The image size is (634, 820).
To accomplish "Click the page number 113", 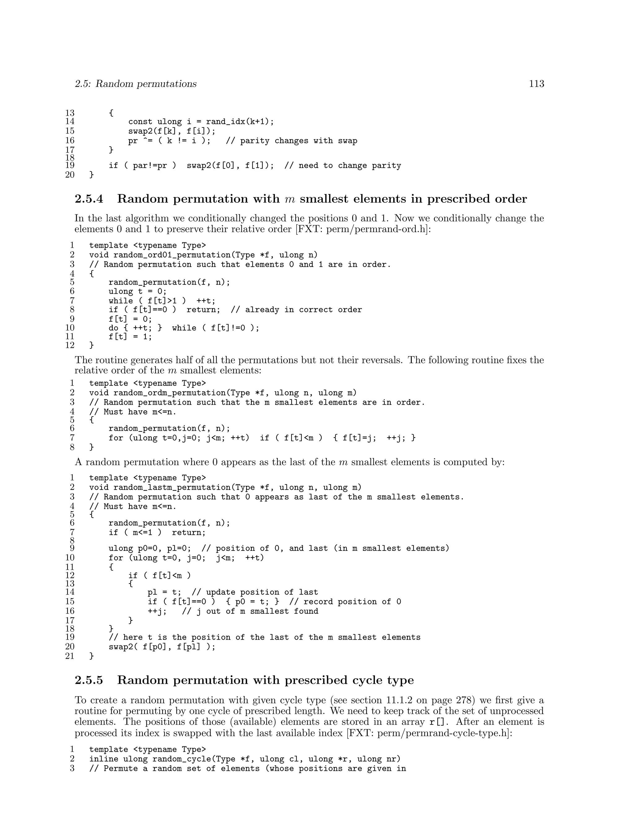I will [536, 84].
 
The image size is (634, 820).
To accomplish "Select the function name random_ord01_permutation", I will [172, 255].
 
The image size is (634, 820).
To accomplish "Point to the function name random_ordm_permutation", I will [169, 393].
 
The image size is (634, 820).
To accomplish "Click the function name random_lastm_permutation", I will [172, 488].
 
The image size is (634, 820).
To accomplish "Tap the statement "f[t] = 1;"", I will [130, 336].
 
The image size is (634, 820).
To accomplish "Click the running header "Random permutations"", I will [146, 84].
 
